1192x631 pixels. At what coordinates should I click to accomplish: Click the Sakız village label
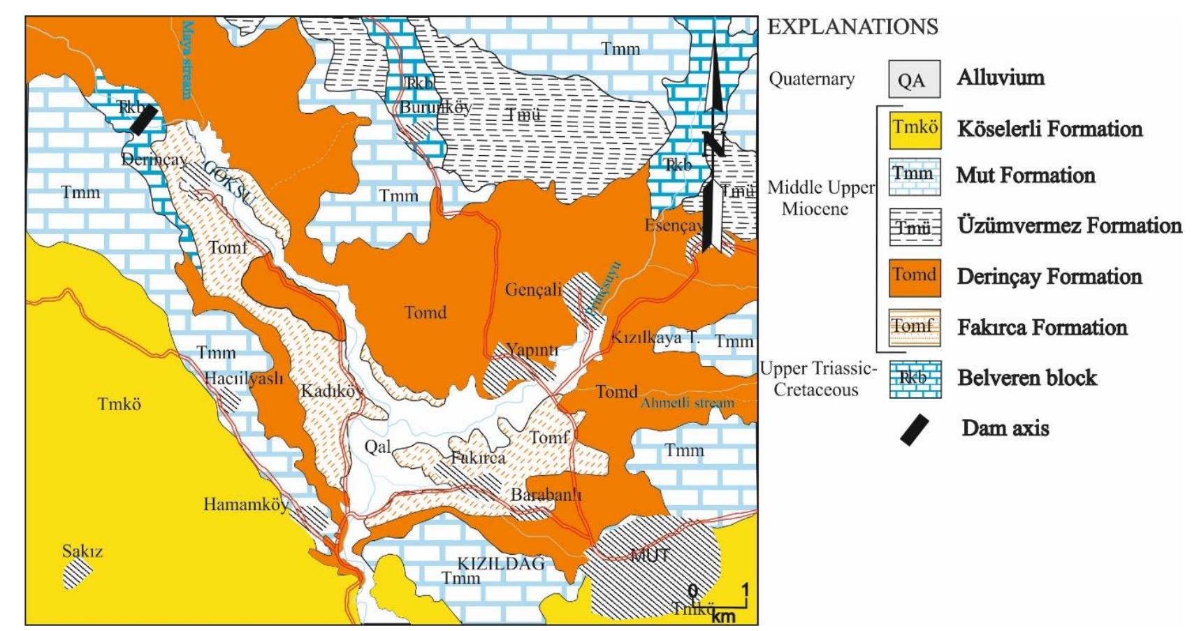coord(82,551)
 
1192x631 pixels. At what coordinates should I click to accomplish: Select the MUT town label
coord(650,556)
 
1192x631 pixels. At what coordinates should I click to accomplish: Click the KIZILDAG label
coord(501,563)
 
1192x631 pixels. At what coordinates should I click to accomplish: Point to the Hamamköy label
coord(245,504)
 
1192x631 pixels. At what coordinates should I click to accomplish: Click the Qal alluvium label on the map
coord(377,447)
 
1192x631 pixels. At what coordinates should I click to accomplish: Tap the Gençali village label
coord(533,289)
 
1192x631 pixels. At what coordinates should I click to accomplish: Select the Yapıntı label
coord(532,349)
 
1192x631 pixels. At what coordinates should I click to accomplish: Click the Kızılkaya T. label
coord(655,338)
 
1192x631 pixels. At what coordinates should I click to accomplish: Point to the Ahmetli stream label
coord(687,402)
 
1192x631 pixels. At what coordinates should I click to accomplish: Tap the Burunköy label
coord(435,108)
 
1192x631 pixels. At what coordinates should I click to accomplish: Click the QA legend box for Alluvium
coord(914,79)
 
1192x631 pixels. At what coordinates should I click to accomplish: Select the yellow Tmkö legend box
coord(915,129)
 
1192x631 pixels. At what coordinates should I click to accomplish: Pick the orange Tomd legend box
coord(915,277)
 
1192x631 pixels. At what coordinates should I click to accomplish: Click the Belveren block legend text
coord(1026,378)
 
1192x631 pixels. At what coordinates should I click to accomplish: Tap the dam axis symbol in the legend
coord(914,429)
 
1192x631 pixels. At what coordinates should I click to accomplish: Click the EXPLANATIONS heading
coord(852,27)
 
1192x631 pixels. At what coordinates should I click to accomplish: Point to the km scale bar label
coord(723,616)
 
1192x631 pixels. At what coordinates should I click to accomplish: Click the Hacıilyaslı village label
coord(244,379)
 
